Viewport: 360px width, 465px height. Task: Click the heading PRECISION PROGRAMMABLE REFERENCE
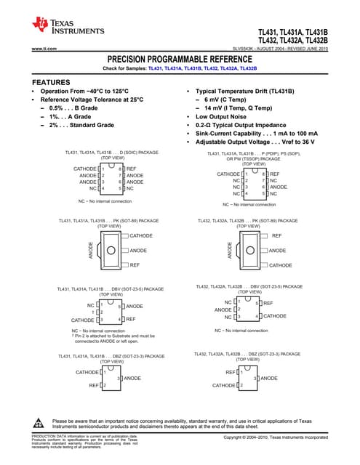pyautogui.click(x=180, y=58)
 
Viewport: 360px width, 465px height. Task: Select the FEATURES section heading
pyautogui.click(x=51, y=82)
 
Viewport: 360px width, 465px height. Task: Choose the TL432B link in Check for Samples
pyautogui.click(x=248, y=68)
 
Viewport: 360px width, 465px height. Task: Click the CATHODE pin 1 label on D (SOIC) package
pyautogui.click(x=85, y=169)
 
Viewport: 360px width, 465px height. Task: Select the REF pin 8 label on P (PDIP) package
pyautogui.click(x=274, y=174)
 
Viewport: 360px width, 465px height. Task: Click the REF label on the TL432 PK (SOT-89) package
pyautogui.click(x=276, y=236)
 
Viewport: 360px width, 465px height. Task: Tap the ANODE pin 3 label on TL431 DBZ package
pyautogui.click(x=132, y=379)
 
